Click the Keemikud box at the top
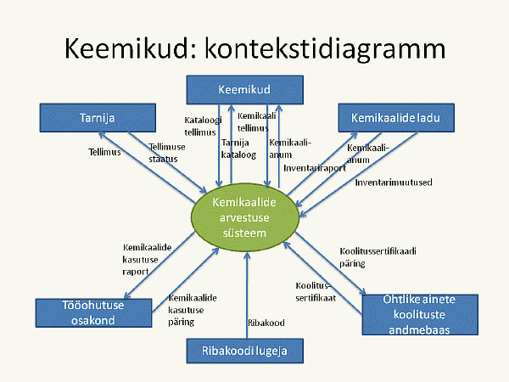tap(245, 90)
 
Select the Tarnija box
tap(98, 118)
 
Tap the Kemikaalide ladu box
tap(396, 118)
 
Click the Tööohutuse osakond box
tap(93, 312)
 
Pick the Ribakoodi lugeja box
tap(245, 351)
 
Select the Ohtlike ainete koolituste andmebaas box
tap(420, 314)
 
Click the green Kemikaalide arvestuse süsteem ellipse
tap(245, 217)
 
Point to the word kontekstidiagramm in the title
tap(325, 49)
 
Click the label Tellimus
tap(104, 152)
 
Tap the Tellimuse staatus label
tap(167, 153)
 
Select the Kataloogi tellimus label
tap(203, 126)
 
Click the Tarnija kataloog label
tap(238, 149)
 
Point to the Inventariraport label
tap(315, 168)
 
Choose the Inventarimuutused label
tap(394, 183)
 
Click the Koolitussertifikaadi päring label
tap(378, 257)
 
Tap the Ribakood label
tap(266, 323)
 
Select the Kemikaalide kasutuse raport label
tap(147, 260)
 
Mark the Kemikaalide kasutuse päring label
tap(193, 310)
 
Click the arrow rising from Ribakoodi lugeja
tap(247, 295)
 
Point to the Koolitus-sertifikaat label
tap(316, 292)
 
